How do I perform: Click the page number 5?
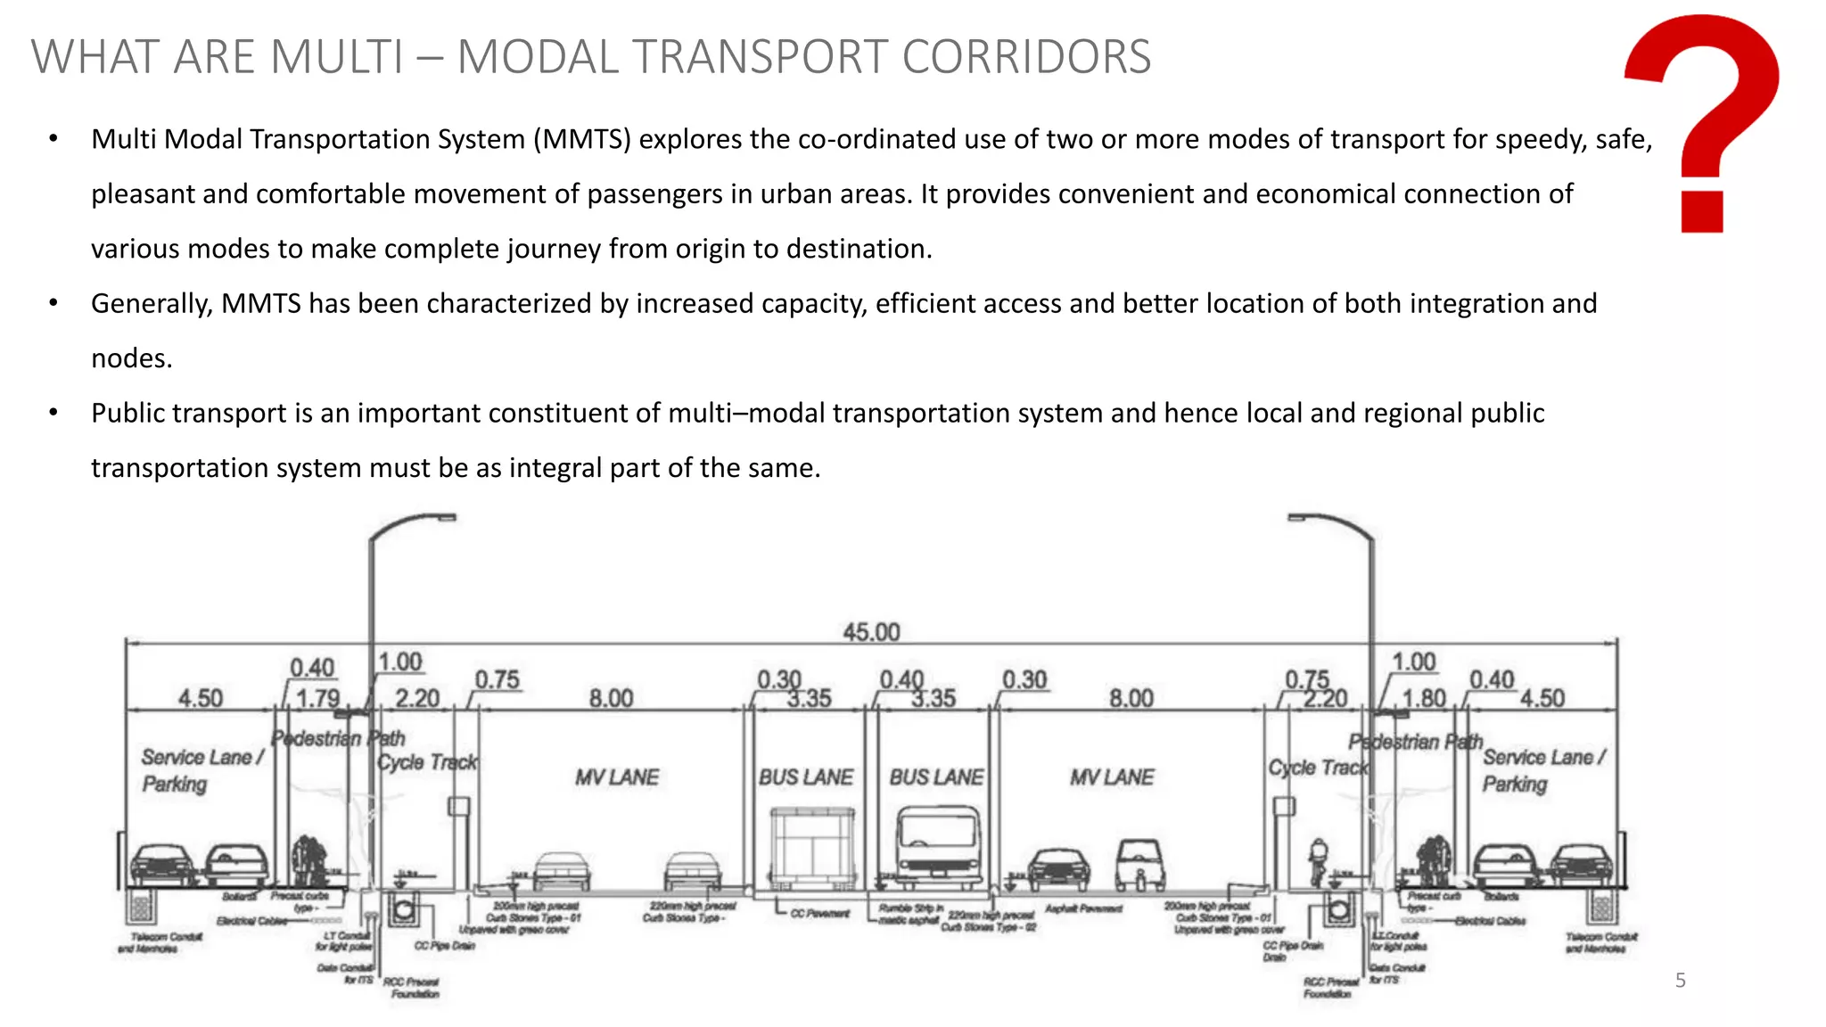point(1680,981)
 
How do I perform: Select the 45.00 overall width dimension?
point(871,632)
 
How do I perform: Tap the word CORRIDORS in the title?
point(1025,57)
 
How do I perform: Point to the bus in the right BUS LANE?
point(938,847)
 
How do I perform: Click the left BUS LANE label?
point(805,777)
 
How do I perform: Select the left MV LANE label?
point(616,777)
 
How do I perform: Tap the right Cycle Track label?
point(1317,768)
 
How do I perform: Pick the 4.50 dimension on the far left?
point(200,698)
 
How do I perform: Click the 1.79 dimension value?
point(317,698)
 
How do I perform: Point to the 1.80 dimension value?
point(1424,698)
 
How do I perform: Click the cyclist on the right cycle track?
point(1318,861)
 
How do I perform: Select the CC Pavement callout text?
point(819,914)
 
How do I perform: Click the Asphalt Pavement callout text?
point(1082,908)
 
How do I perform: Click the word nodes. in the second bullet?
point(132,358)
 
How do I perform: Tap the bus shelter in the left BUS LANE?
point(812,847)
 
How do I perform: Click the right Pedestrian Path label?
point(1414,742)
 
